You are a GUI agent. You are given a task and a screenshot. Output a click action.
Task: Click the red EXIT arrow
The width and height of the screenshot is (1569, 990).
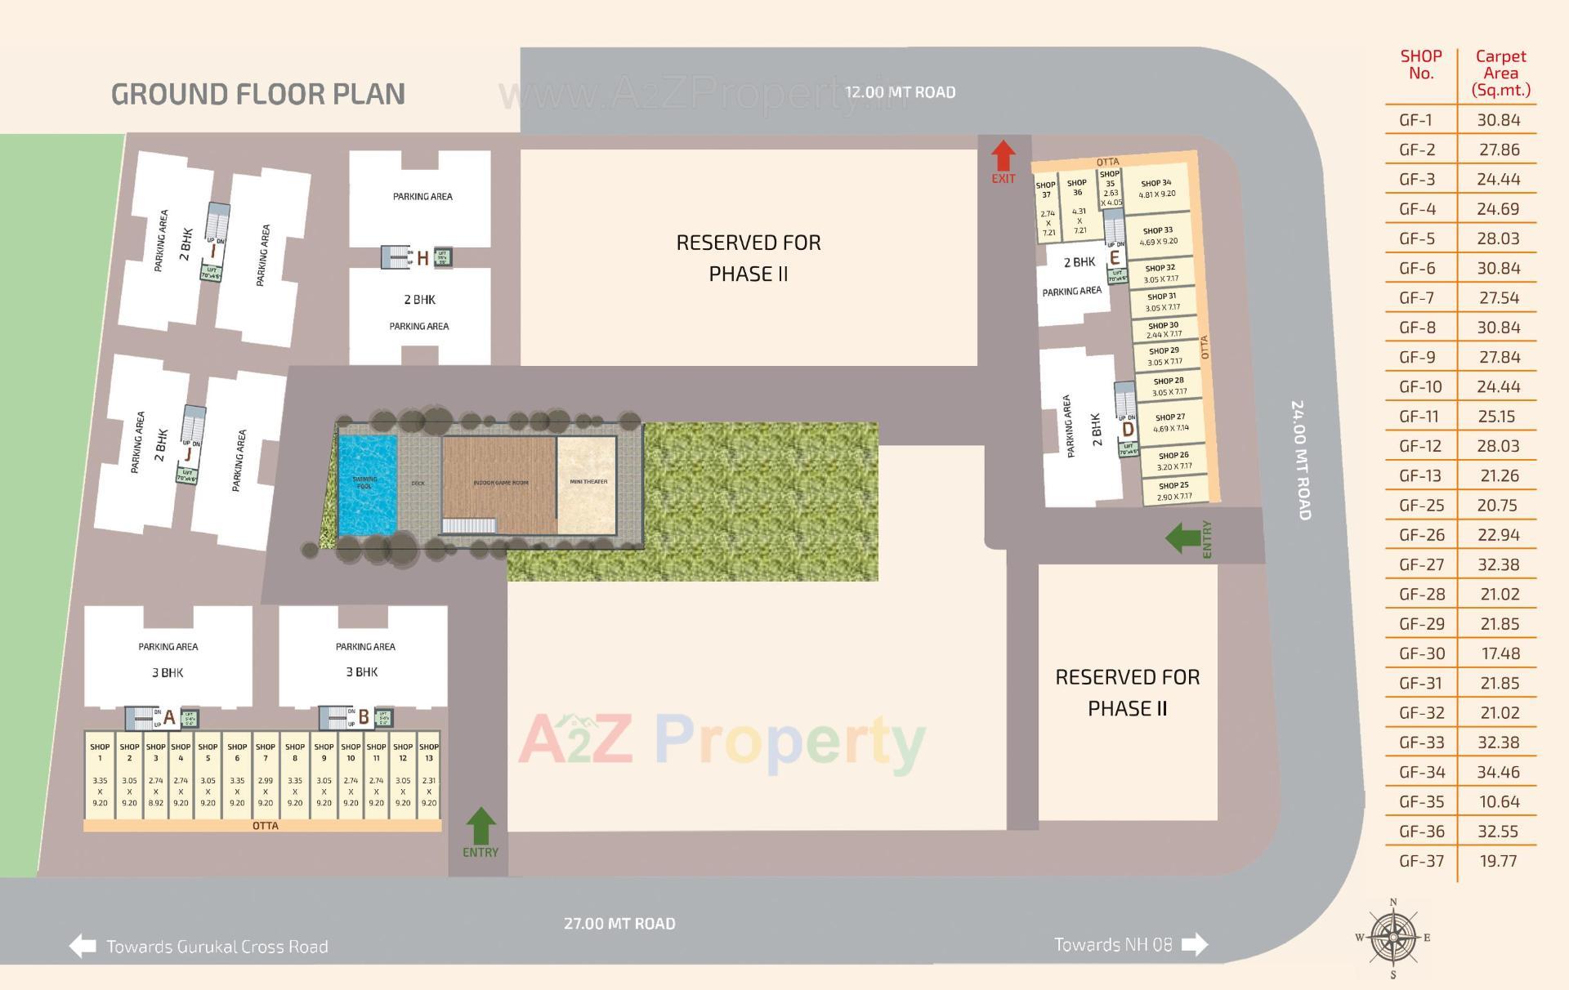tap(1003, 156)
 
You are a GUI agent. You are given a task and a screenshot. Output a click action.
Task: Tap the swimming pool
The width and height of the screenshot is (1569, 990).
tap(367, 485)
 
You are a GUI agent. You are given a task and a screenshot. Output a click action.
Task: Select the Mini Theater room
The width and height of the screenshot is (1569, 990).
tap(587, 484)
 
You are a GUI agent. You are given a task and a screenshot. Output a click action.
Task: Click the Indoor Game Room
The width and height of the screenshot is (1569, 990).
tap(499, 484)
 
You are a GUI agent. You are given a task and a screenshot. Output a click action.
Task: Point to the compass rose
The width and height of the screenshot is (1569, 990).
tap(1393, 938)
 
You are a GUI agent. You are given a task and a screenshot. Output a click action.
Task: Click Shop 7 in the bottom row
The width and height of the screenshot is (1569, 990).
tap(266, 774)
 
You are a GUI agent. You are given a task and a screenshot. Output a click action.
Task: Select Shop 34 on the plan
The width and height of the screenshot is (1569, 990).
tap(1156, 190)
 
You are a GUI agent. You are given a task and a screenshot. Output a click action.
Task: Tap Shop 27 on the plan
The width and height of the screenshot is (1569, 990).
tap(1170, 422)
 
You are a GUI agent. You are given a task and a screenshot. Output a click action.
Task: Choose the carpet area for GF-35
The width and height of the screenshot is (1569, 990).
tap(1499, 801)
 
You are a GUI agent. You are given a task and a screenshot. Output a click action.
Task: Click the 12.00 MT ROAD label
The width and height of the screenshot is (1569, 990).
tap(900, 92)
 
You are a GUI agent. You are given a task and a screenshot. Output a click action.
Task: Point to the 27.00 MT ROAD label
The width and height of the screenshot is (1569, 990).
tap(619, 924)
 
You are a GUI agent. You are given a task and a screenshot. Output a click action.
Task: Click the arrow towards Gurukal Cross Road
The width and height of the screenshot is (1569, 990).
tap(83, 946)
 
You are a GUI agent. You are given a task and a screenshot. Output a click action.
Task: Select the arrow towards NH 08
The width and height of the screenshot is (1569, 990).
tap(1195, 944)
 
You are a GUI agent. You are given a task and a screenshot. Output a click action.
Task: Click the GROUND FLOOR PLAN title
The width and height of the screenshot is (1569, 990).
tap(258, 94)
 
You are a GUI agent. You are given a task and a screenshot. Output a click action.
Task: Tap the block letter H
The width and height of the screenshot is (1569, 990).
tap(422, 259)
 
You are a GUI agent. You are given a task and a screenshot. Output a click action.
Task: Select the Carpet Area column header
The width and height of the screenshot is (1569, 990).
tap(1500, 73)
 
